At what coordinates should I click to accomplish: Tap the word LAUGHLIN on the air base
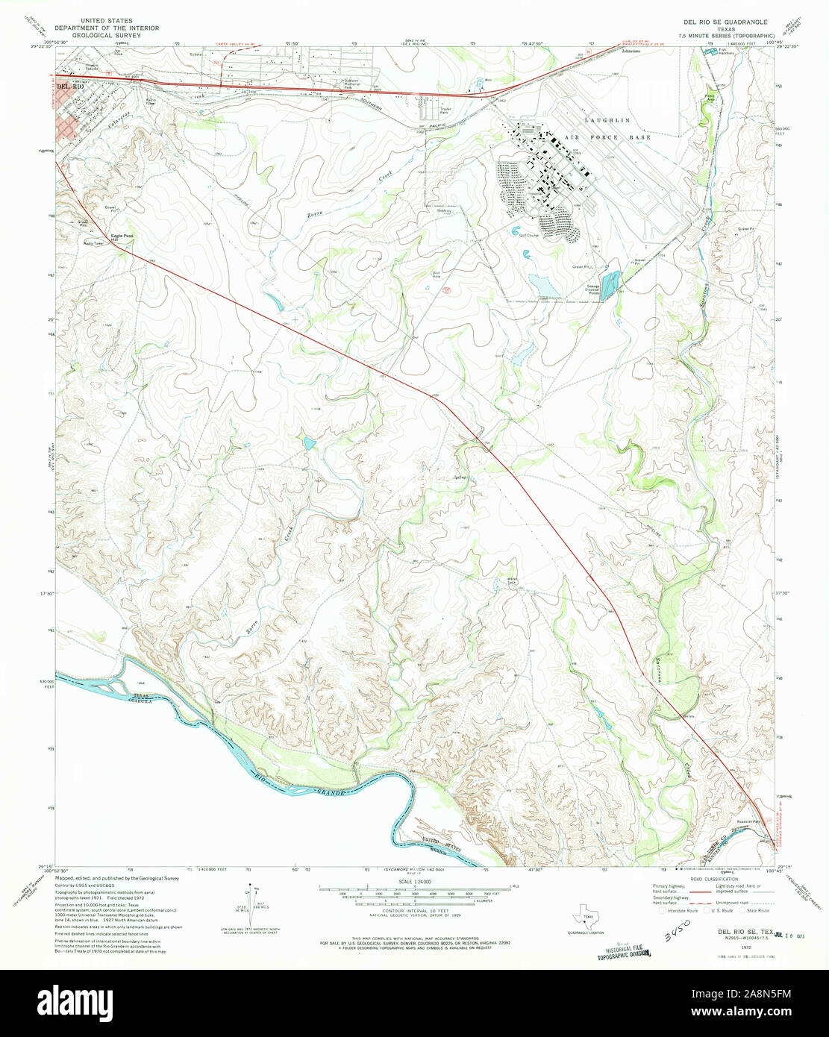607,120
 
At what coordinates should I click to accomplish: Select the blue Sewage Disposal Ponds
610,283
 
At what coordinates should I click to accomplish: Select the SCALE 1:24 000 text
414,881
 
